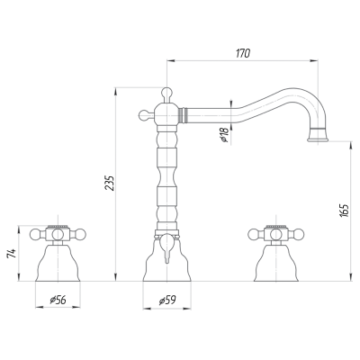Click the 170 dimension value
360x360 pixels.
coord(243,53)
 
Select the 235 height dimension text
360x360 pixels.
coord(110,183)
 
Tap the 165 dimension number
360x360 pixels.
coord(345,211)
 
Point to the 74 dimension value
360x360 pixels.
coord(12,254)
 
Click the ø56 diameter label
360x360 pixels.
coord(58,300)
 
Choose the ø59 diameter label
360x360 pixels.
coord(167,300)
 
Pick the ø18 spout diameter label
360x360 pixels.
coord(224,135)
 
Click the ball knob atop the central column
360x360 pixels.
coord(166,92)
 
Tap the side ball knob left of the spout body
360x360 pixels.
coord(143,114)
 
